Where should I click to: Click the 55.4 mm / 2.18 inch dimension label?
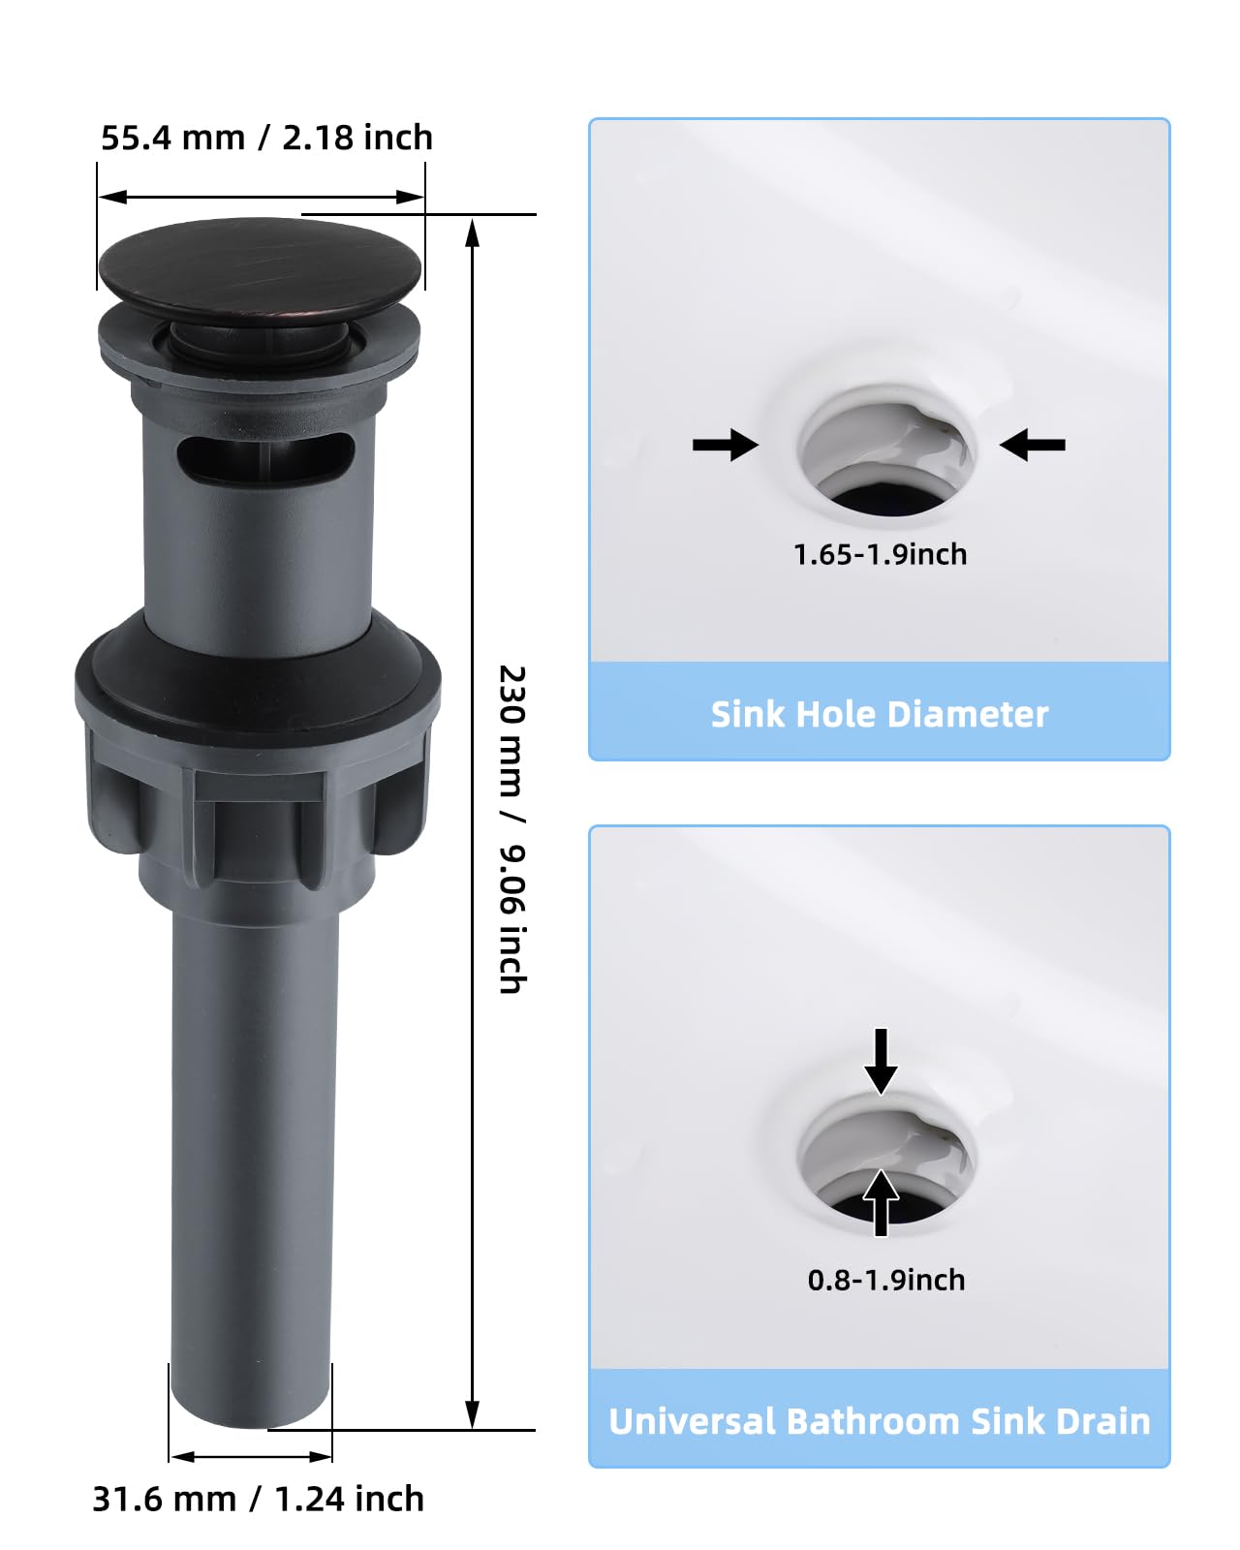coord(266,139)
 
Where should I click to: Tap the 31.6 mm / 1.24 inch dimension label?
coord(258,1499)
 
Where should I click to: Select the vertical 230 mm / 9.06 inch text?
coord(511,829)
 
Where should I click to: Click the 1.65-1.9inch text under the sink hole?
coord(880,554)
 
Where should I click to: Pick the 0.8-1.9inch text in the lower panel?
coord(886,1280)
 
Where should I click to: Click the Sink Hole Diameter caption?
coord(880,714)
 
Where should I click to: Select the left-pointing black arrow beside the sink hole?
coord(1033,445)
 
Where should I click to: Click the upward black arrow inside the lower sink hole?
coord(880,1201)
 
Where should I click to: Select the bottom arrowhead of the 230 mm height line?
coord(472,1413)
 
